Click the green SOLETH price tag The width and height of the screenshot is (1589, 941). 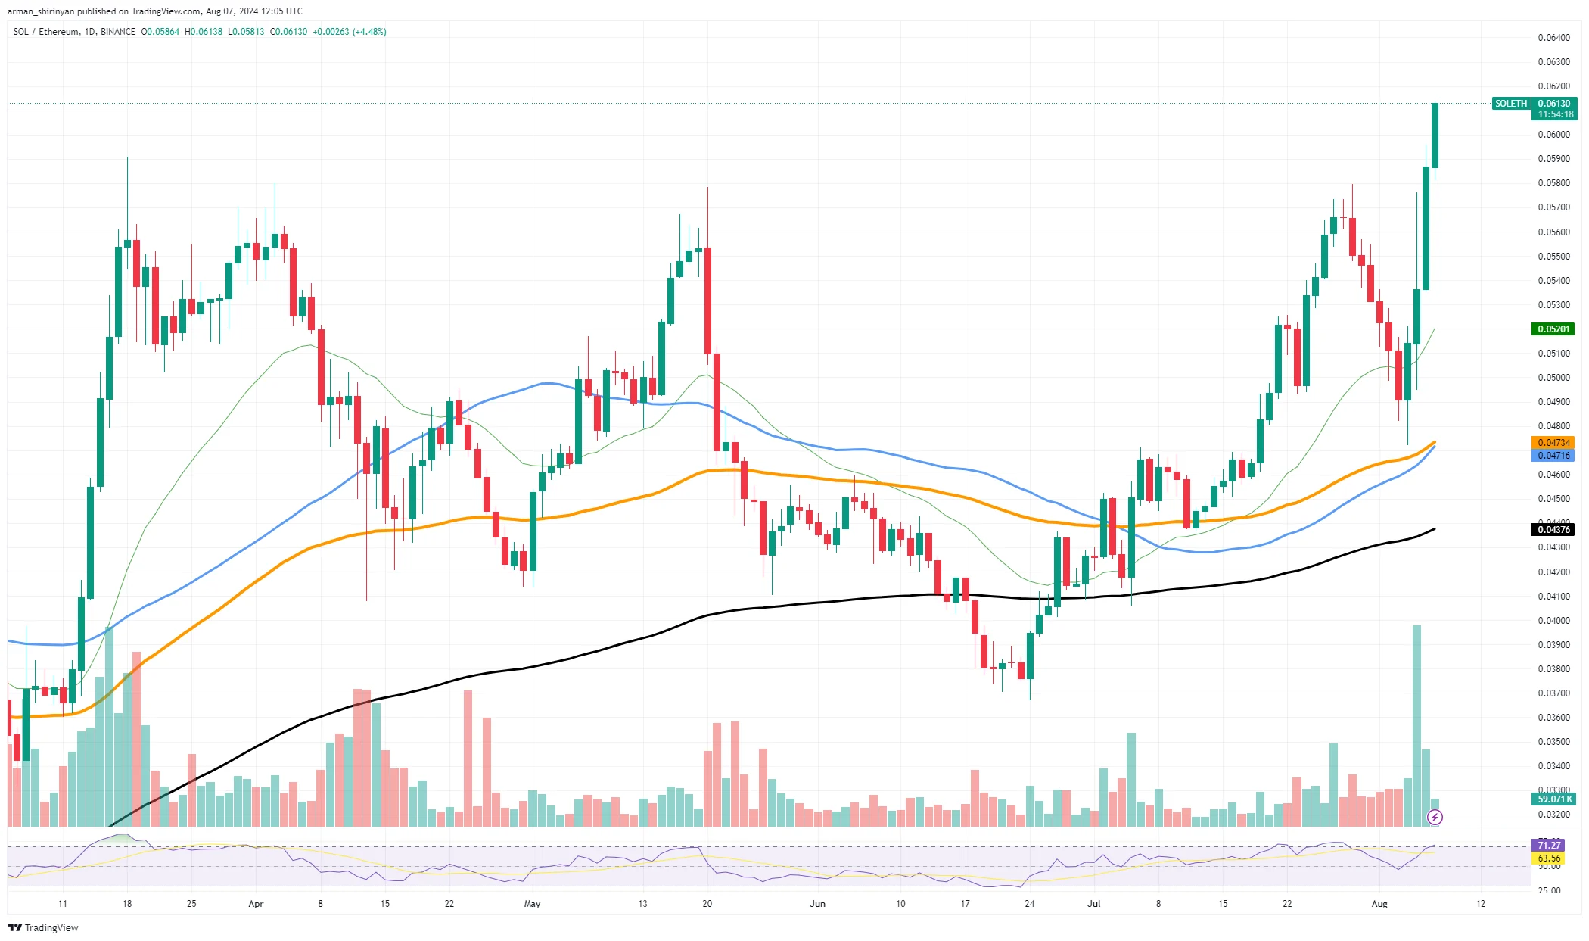(x=1511, y=104)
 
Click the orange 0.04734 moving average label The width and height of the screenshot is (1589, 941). (x=1554, y=443)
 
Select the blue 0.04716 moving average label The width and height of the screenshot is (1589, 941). (x=1554, y=456)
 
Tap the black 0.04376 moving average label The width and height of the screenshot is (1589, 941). (x=1554, y=530)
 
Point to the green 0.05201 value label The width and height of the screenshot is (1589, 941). (x=1554, y=329)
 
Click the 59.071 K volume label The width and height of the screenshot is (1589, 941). (x=1554, y=799)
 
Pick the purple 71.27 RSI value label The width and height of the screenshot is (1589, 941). (x=1549, y=846)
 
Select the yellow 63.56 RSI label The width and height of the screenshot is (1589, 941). (x=1549, y=858)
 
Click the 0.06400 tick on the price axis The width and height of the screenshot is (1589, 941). (x=1554, y=38)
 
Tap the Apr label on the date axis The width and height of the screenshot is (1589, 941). (x=256, y=904)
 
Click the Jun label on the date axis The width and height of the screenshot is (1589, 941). (x=817, y=904)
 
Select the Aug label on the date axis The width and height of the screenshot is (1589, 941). (x=1379, y=904)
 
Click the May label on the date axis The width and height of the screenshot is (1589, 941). (x=532, y=904)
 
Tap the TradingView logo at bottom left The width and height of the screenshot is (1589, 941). (x=43, y=928)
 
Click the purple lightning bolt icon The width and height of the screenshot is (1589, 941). (x=1435, y=817)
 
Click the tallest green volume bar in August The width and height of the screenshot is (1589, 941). (x=1416, y=725)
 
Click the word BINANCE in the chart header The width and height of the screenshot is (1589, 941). (x=118, y=32)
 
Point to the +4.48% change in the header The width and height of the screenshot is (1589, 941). (x=369, y=32)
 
